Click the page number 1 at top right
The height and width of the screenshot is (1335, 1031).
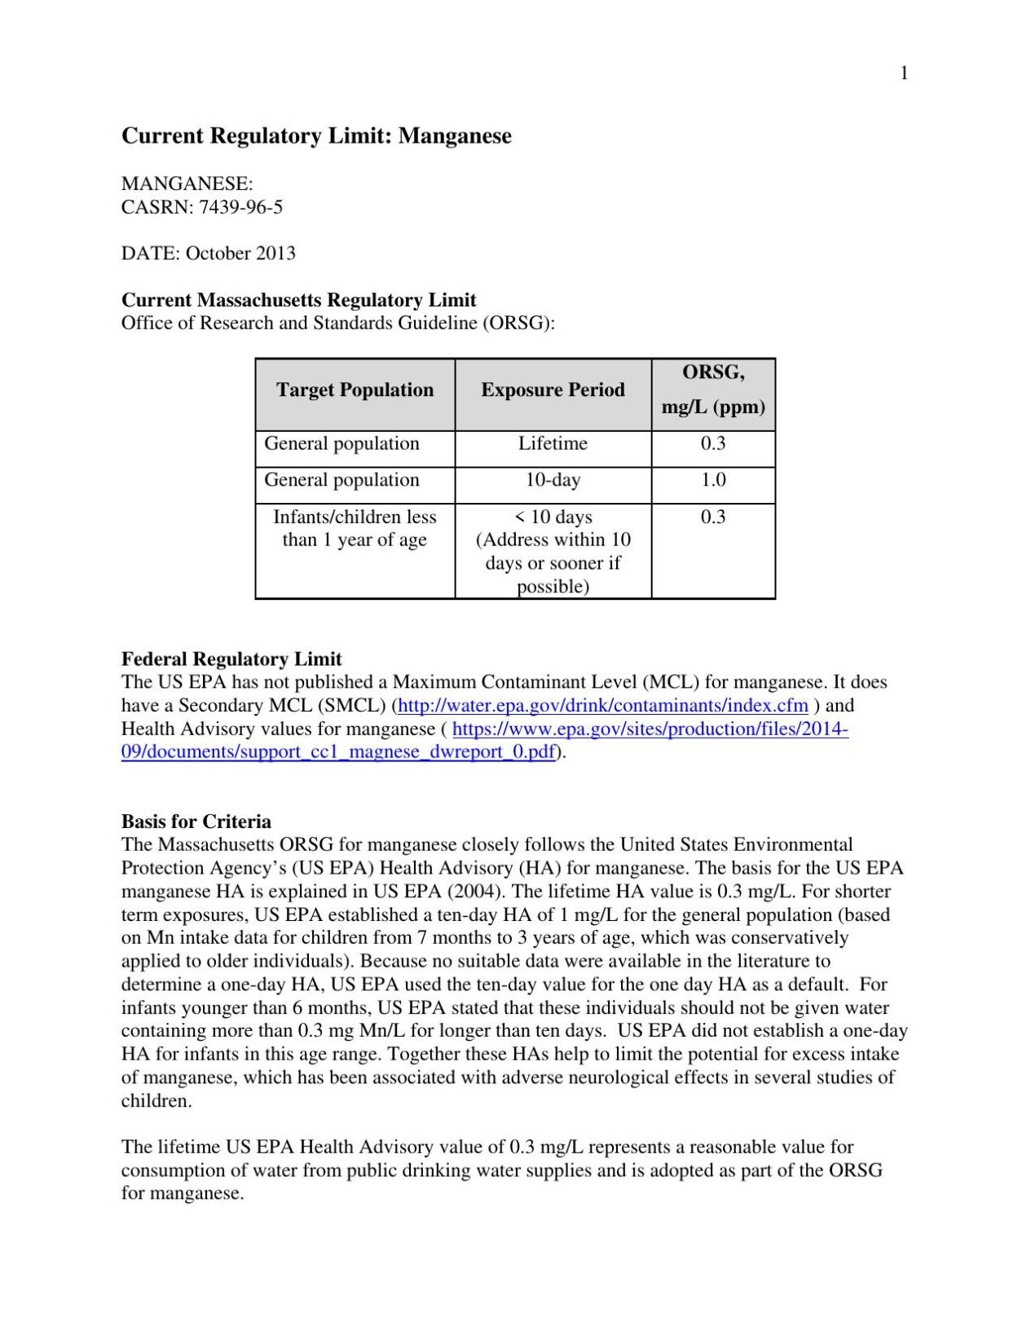[903, 74]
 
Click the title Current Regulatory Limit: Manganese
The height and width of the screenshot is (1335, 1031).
[316, 135]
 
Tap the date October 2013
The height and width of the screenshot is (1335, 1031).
[240, 253]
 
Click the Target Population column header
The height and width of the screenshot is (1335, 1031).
[355, 390]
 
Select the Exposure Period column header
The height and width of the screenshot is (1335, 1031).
[553, 390]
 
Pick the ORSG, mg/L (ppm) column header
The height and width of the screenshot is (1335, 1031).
[713, 390]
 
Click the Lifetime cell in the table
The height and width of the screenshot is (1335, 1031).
[553, 444]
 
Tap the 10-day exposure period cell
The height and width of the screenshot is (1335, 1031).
[553, 480]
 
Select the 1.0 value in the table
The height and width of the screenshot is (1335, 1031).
[713, 480]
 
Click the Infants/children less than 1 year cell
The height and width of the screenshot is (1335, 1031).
[355, 528]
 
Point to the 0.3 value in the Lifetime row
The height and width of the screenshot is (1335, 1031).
[713, 444]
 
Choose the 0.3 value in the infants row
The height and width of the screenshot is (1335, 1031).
[713, 518]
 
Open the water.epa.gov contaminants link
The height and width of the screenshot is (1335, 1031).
[603, 706]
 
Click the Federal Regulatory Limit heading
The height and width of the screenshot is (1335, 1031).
[231, 659]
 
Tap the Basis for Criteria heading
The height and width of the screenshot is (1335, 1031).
[196, 822]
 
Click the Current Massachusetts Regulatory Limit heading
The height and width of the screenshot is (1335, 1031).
[298, 300]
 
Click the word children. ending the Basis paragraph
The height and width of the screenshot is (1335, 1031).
[156, 1101]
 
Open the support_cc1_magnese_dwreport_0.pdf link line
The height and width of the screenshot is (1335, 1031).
[338, 752]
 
